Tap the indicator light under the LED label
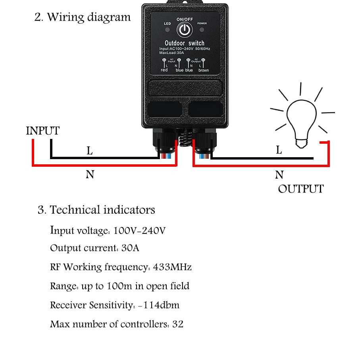coord(167,30)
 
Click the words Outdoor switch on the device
coord(185,43)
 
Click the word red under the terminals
coord(164,70)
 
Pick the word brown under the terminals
coord(204,70)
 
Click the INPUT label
coord(42,131)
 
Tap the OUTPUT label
coord(300,189)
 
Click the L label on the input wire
coord(90,151)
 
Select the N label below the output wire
coord(279,174)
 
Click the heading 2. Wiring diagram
coord(83,17)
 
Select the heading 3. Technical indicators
coord(96,210)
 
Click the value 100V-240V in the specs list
coord(139,230)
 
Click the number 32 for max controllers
coord(178,324)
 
